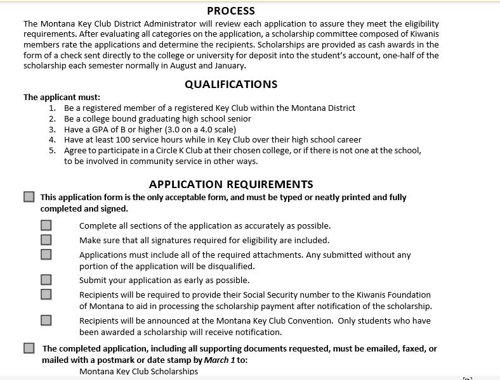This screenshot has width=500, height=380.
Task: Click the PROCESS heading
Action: [231, 11]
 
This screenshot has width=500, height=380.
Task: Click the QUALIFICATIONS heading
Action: [231, 84]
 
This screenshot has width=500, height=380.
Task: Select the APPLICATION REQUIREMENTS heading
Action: [231, 184]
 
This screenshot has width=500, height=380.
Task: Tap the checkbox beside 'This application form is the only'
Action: [29, 197]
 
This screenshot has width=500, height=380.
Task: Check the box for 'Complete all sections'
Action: [46, 225]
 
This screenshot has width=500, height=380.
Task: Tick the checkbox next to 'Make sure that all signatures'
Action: [46, 240]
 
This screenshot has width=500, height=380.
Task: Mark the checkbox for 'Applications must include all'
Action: [46, 255]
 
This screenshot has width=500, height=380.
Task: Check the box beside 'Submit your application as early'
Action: [46, 280]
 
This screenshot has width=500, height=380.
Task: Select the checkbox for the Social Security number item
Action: [46, 294]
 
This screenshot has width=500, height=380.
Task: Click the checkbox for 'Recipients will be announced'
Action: [46, 320]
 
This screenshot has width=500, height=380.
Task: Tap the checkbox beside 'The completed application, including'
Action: [29, 348]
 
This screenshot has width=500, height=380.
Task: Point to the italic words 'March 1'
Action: [220, 360]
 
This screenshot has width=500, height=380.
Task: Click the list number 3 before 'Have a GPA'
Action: [53, 129]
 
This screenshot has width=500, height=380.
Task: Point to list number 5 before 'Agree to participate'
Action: [53, 150]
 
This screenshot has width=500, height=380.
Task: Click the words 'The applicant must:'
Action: [62, 97]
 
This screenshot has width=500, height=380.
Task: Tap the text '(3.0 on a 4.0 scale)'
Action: [197, 129]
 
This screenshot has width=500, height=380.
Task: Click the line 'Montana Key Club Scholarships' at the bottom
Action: [138, 371]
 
